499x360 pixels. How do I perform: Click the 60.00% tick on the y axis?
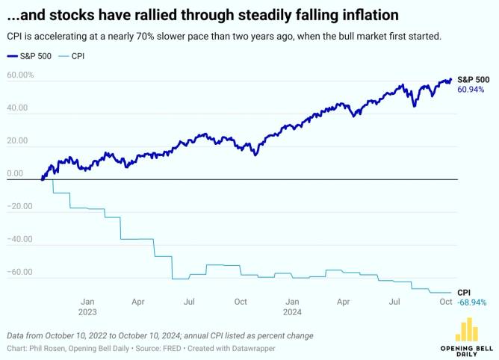pyautogui.click(x=20, y=75)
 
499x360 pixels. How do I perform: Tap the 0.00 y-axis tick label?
pyautogui.click(x=15, y=174)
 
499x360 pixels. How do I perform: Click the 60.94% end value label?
pyautogui.click(x=471, y=90)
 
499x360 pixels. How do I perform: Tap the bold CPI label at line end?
pyautogui.click(x=464, y=292)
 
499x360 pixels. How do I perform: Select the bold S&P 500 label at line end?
pyautogui.click(x=473, y=79)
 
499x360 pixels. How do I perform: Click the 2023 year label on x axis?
pyautogui.click(x=87, y=312)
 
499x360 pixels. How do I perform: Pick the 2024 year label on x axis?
pyautogui.click(x=292, y=312)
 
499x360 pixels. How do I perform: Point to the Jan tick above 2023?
pyautogui.click(x=87, y=302)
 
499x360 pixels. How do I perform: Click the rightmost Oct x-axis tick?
pyautogui.click(x=446, y=302)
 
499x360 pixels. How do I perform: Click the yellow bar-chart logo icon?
pyautogui.click(x=467, y=329)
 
